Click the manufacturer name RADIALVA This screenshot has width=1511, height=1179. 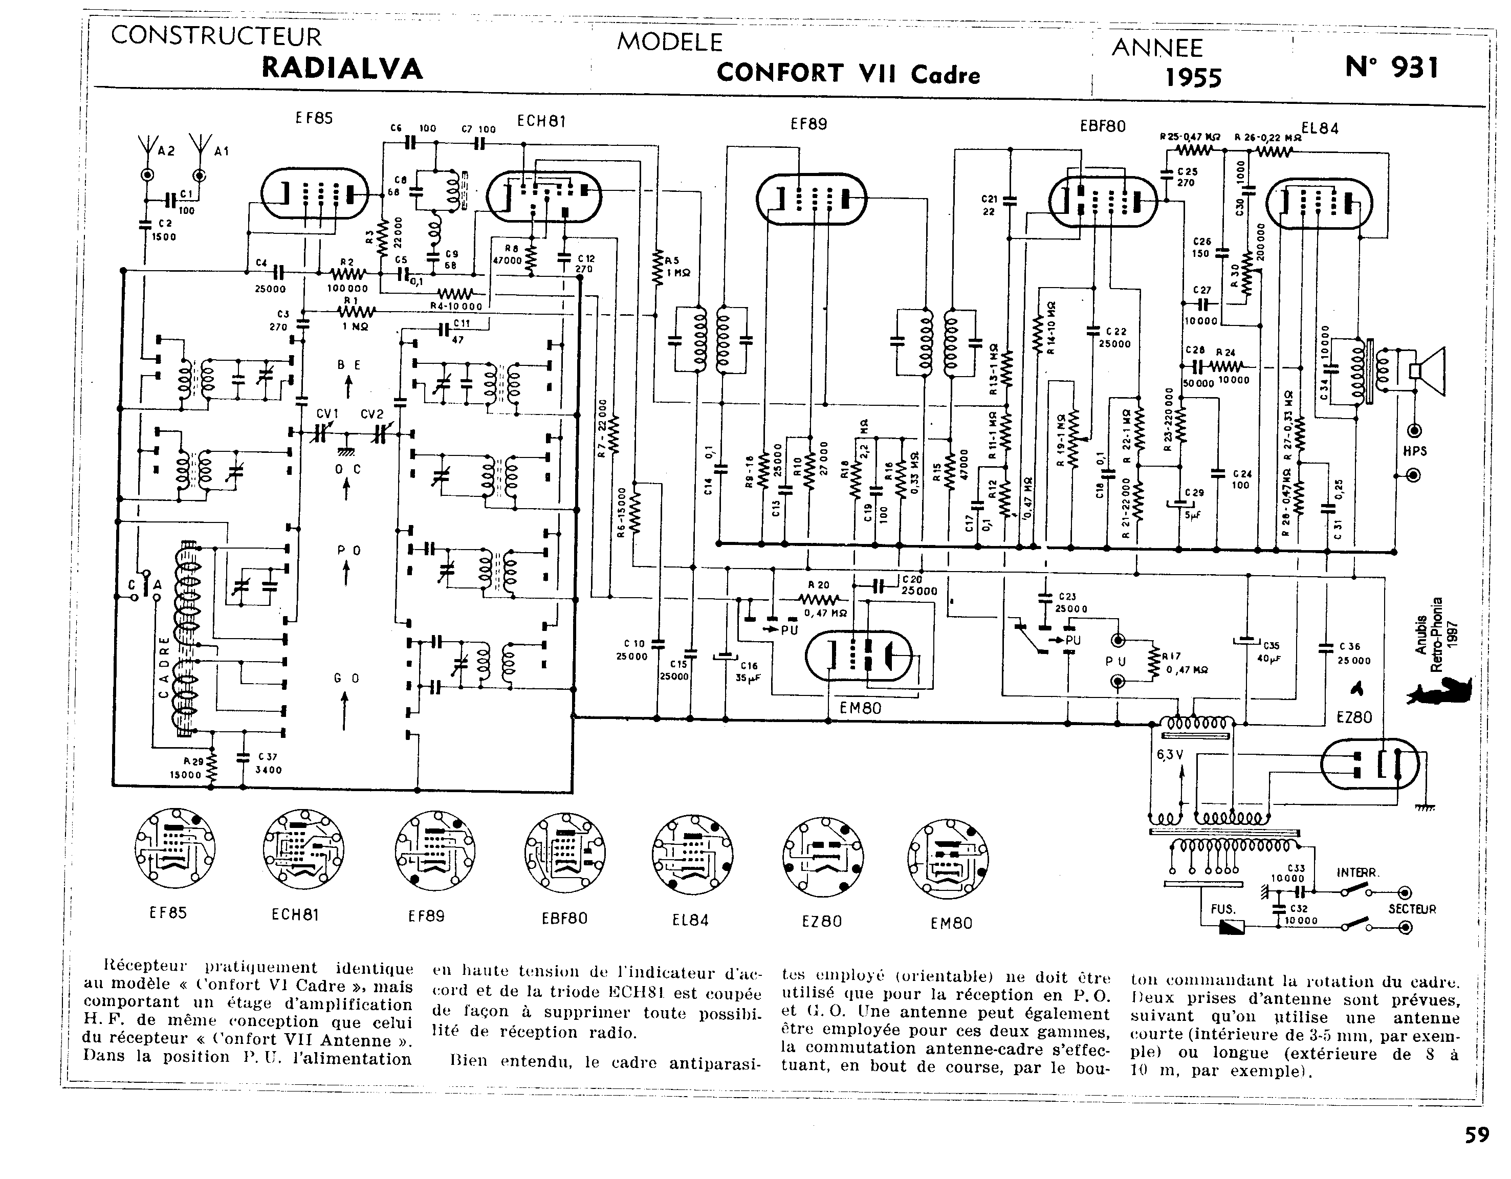[342, 69]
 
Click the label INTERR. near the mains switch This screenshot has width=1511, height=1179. [1357, 872]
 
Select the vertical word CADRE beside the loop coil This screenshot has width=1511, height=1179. [164, 668]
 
